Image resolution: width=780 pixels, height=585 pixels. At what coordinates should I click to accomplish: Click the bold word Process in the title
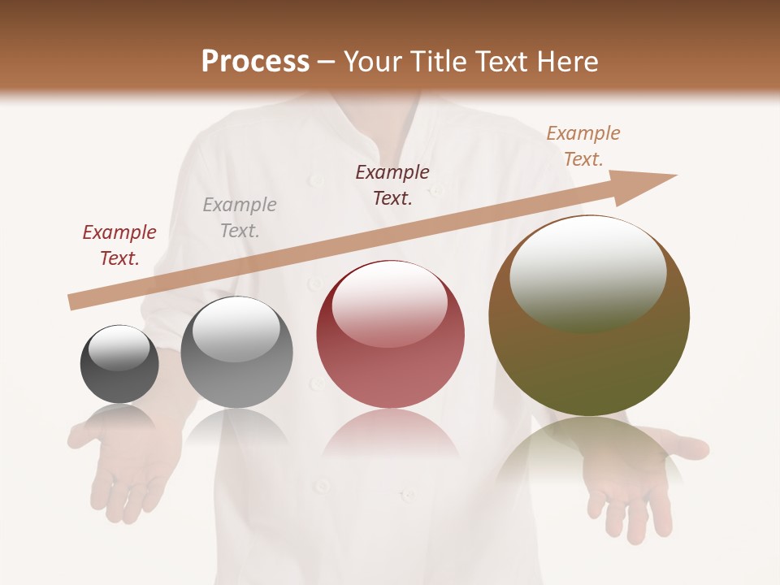tap(255, 62)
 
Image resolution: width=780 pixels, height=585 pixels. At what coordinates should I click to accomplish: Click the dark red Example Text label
tap(119, 245)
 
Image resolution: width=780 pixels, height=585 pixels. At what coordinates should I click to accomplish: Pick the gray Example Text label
tap(240, 218)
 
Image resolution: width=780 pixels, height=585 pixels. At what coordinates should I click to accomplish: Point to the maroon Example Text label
tap(392, 185)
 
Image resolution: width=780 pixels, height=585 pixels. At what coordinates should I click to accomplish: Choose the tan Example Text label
tap(583, 146)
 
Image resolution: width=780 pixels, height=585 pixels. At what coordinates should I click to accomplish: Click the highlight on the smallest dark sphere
tap(119, 348)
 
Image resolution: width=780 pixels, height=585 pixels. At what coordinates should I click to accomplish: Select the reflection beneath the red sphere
tap(391, 435)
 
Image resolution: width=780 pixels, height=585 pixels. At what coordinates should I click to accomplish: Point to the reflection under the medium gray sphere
tap(236, 427)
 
